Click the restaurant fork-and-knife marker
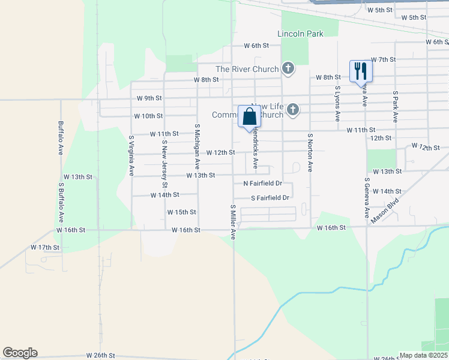click(361, 71)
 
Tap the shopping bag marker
click(249, 117)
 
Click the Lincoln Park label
click(300, 34)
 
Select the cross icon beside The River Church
click(288, 68)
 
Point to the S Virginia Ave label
click(131, 155)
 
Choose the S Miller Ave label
click(234, 221)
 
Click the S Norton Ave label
click(310, 153)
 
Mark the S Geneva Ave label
click(366, 198)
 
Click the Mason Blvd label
click(385, 212)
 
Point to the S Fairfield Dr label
click(270, 197)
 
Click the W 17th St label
click(45, 247)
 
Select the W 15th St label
click(182, 212)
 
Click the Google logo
click(20, 353)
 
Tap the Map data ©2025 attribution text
click(424, 355)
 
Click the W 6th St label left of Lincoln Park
click(256, 46)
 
